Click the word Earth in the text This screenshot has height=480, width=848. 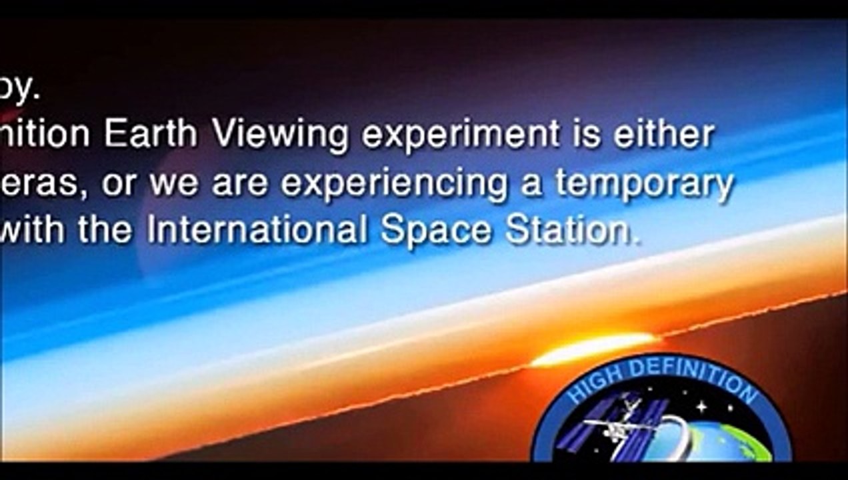(x=151, y=135)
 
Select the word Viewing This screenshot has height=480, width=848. (x=281, y=136)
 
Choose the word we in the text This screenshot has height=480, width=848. (x=173, y=184)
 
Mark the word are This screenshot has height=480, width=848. (x=241, y=184)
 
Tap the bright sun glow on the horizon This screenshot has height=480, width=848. (x=593, y=349)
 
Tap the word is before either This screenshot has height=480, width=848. (x=586, y=135)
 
